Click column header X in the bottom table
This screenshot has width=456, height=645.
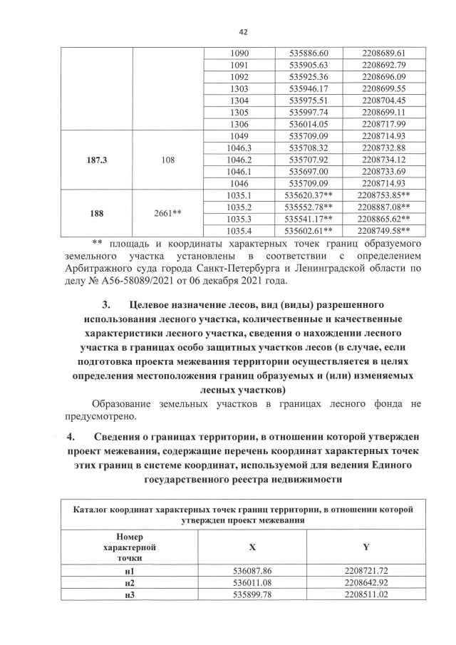[252, 546]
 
